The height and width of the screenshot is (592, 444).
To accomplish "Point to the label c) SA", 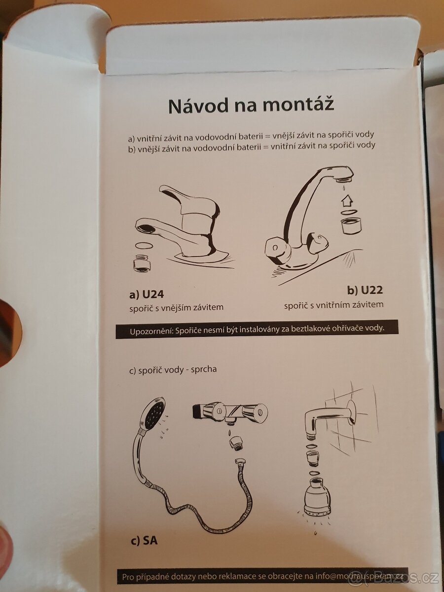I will [x=144, y=541].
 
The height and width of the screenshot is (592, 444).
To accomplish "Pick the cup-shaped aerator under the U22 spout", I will [x=351, y=224].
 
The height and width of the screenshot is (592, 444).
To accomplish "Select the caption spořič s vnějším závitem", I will [x=176, y=307].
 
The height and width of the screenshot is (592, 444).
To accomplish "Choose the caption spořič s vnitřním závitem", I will [x=333, y=305].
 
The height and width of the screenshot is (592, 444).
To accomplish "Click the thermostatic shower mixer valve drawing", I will [x=230, y=412].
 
